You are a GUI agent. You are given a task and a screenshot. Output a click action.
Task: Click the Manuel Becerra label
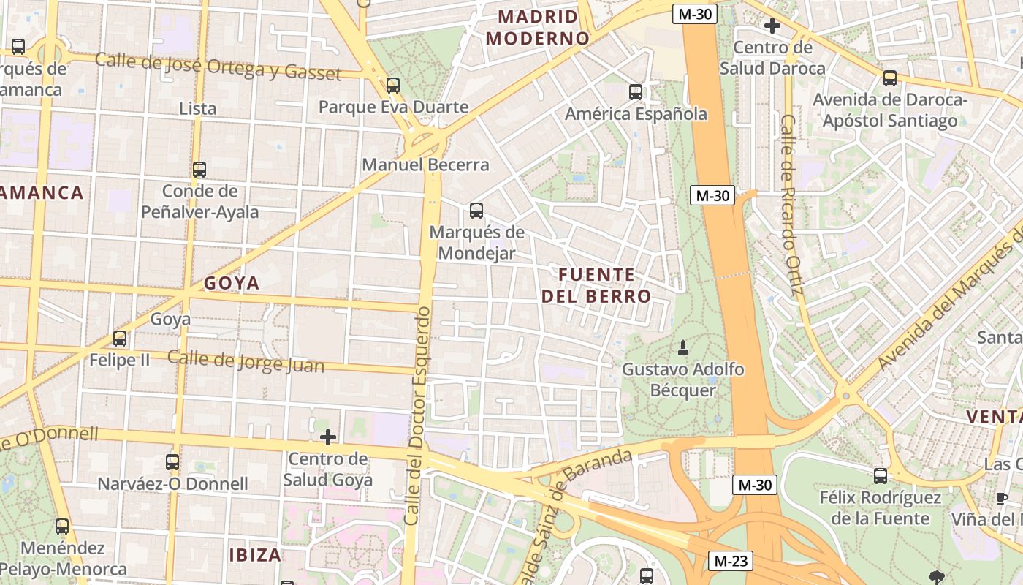(x=425, y=165)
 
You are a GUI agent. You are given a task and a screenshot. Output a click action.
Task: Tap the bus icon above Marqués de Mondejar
(x=476, y=211)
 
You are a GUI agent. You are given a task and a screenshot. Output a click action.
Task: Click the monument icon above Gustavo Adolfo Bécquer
(x=683, y=347)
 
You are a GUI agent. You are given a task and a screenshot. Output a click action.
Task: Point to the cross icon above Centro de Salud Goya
(x=328, y=437)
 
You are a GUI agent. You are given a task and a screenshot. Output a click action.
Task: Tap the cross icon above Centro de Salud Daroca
(x=772, y=26)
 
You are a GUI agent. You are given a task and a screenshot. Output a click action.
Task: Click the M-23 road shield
(x=731, y=561)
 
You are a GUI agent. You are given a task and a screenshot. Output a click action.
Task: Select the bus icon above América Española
(x=636, y=92)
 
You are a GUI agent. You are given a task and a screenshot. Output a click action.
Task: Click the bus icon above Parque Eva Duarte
(x=393, y=86)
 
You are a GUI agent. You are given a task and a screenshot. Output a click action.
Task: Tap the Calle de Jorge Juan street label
(x=246, y=361)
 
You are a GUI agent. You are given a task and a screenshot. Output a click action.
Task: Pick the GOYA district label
(x=232, y=283)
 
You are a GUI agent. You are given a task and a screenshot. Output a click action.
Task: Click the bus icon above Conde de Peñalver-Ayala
(x=199, y=170)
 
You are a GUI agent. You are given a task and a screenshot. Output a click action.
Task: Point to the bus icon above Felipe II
(x=120, y=339)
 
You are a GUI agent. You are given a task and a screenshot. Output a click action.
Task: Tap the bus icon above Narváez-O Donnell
(x=172, y=462)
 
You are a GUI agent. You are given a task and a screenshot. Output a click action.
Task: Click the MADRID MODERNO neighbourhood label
(x=537, y=28)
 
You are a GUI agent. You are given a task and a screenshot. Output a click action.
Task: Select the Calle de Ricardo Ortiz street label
(x=791, y=205)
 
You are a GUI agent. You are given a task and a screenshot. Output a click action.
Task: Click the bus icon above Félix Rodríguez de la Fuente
(x=881, y=476)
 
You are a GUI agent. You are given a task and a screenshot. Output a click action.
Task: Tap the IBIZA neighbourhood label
(x=255, y=554)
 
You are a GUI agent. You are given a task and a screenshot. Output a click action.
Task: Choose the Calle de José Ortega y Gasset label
(x=218, y=67)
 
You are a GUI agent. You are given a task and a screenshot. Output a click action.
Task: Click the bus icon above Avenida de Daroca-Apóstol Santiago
(x=889, y=78)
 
